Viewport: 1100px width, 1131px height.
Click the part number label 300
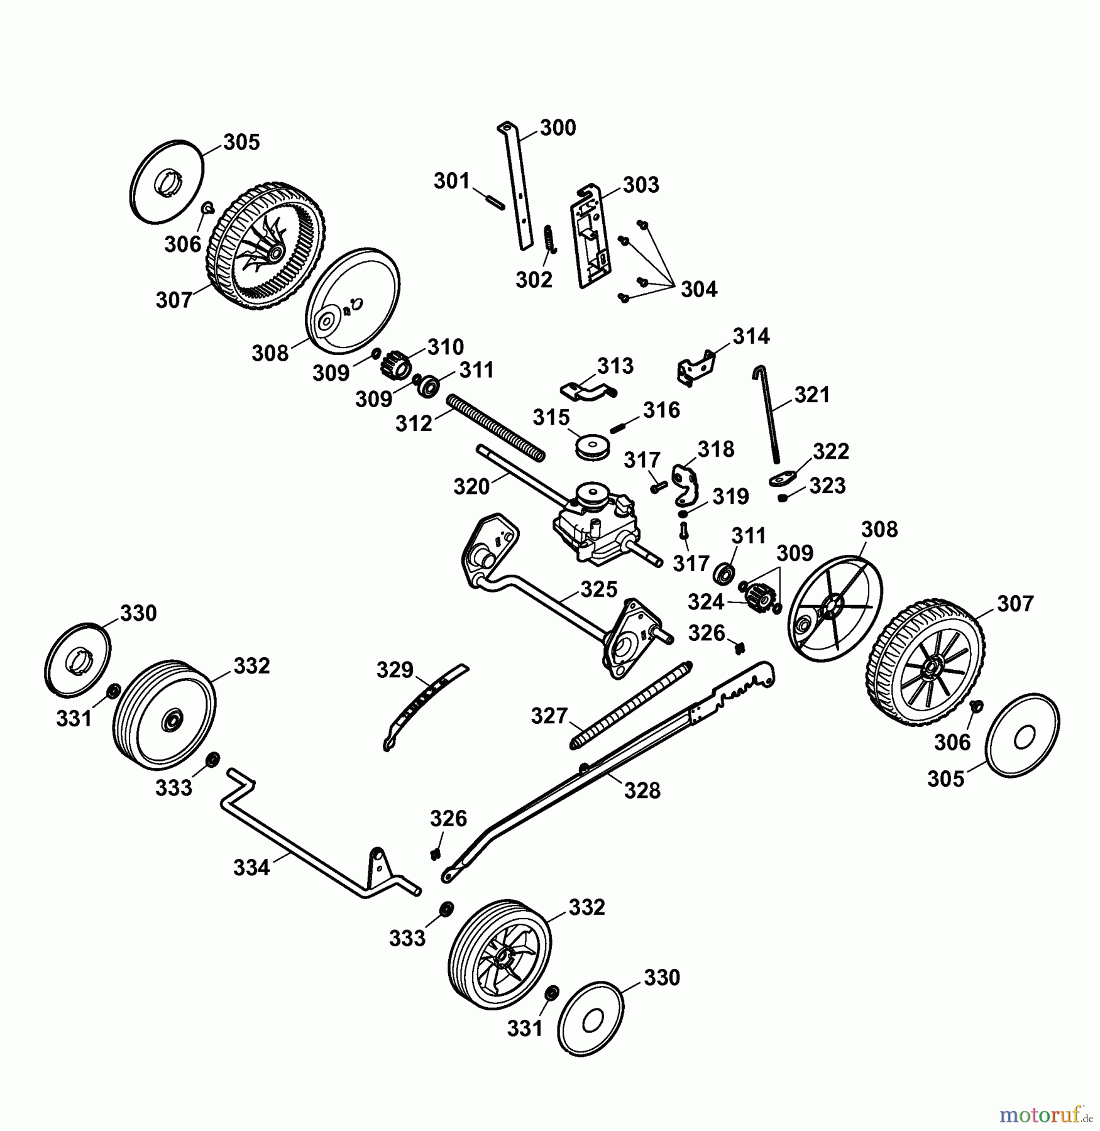click(558, 128)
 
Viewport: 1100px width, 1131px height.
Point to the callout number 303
click(641, 185)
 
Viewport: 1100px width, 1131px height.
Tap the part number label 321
click(812, 395)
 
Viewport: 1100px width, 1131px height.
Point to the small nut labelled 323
click(783, 498)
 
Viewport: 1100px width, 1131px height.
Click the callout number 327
click(549, 716)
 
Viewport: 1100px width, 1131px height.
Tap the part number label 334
click(251, 868)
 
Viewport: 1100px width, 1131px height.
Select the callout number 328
click(642, 790)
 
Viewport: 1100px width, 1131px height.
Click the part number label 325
click(598, 589)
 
